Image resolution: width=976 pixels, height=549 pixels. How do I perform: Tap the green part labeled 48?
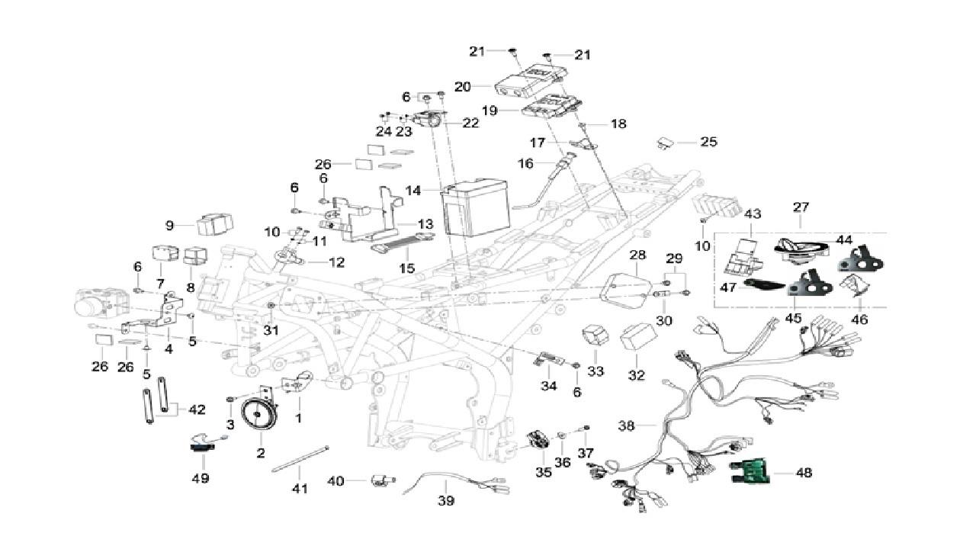click(x=750, y=473)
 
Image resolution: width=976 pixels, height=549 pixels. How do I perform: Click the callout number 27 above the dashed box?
click(x=801, y=207)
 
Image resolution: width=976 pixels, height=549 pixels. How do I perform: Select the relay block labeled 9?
click(x=215, y=225)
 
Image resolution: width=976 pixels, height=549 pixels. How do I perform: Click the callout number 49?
click(x=200, y=478)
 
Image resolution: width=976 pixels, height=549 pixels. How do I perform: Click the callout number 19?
click(x=489, y=111)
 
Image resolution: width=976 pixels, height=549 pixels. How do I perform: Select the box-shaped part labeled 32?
click(x=639, y=336)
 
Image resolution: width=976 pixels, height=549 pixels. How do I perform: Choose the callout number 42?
click(x=197, y=409)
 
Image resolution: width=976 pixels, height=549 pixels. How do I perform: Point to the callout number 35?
click(x=543, y=472)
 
